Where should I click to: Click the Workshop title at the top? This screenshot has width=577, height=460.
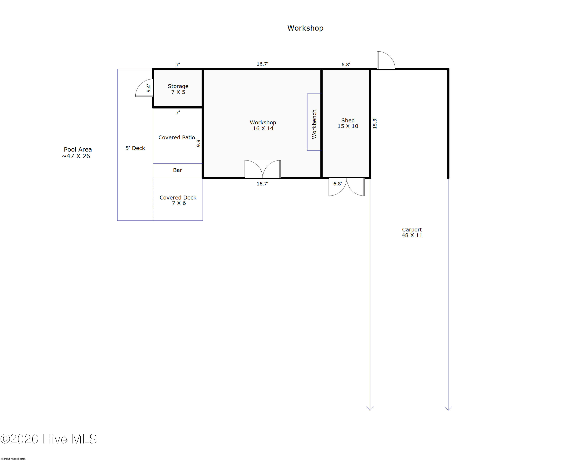(x=305, y=28)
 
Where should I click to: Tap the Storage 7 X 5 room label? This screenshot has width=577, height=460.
(x=178, y=89)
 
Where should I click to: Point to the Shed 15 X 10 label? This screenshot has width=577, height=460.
(x=348, y=123)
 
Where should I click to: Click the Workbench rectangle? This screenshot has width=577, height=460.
(x=314, y=122)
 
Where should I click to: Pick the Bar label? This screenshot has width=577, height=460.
(x=178, y=170)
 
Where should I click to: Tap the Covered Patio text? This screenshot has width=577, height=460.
(x=177, y=137)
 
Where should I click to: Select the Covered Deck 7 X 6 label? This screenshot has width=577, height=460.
(x=178, y=200)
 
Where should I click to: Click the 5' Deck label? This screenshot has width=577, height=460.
(x=135, y=148)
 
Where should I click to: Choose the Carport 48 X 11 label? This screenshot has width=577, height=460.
(x=412, y=232)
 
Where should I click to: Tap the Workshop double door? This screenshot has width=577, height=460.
(x=263, y=169)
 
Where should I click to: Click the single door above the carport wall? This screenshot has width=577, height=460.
(x=386, y=60)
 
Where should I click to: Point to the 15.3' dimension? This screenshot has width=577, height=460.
(x=375, y=123)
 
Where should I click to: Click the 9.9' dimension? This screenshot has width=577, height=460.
(x=198, y=143)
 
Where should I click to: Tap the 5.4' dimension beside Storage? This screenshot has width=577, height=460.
(x=148, y=88)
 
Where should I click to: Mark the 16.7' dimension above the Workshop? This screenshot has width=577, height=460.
(x=262, y=64)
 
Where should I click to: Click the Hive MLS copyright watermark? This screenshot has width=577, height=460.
(x=48, y=439)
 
